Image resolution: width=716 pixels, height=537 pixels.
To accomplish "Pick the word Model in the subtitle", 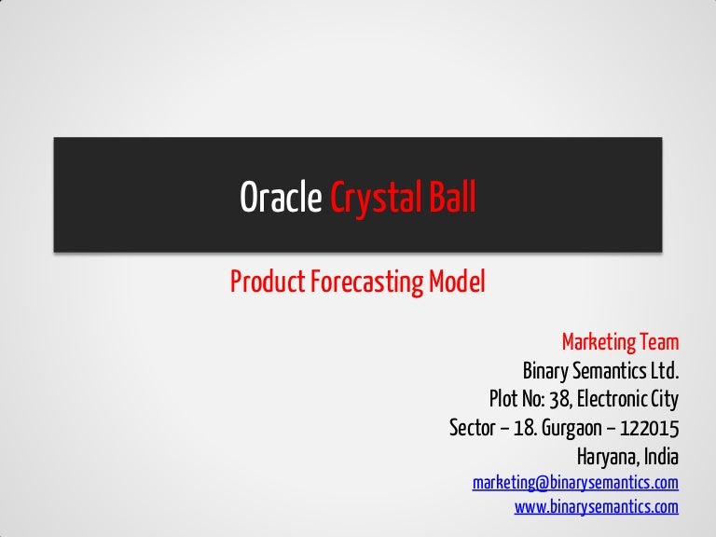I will pos(457,282).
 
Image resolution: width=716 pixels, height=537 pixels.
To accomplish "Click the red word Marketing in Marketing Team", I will pos(599,342).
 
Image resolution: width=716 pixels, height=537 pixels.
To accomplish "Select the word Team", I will pos(659,342).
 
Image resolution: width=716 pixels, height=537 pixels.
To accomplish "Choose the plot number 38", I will pos(556,400).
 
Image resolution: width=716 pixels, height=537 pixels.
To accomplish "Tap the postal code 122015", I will pos(650,429).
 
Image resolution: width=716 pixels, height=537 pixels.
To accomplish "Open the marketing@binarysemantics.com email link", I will pos(575,483).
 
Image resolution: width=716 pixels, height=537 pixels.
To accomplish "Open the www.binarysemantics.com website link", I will pos(597,507).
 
